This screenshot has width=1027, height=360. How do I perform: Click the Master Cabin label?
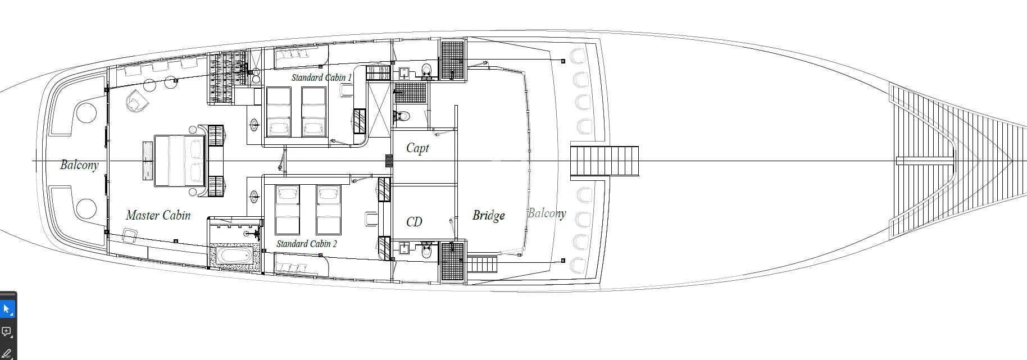pyautogui.click(x=158, y=215)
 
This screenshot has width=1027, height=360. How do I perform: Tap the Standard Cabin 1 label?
pyautogui.click(x=321, y=78)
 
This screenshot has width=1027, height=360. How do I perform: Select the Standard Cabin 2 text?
pyautogui.click(x=307, y=244)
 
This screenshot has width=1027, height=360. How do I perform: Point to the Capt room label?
pyautogui.click(x=417, y=148)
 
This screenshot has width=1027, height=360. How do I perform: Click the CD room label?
pyautogui.click(x=414, y=222)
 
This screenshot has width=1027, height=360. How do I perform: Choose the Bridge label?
pyautogui.click(x=488, y=216)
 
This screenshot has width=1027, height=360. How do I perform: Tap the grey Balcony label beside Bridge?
pyautogui.click(x=547, y=213)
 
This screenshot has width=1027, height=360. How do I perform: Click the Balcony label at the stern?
pyautogui.click(x=79, y=165)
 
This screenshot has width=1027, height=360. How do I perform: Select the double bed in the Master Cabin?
pyautogui.click(x=180, y=161)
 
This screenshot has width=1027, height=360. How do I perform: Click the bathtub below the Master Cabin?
pyautogui.click(x=235, y=257)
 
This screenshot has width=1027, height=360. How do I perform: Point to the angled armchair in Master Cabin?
pyautogui.click(x=138, y=101)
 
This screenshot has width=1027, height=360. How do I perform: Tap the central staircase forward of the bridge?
pyautogui.click(x=605, y=161)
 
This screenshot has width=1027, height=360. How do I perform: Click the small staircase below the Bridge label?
pyautogui.click(x=482, y=264)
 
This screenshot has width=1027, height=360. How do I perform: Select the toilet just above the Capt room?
pyautogui.click(x=402, y=117)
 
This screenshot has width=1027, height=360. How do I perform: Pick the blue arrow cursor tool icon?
pyautogui.click(x=7, y=309)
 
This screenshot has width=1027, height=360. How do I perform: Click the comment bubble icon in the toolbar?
pyautogui.click(x=7, y=332)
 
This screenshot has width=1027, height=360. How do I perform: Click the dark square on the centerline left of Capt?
pyautogui.click(x=388, y=161)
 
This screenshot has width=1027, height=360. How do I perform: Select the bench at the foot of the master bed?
pyautogui.click(x=147, y=161)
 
